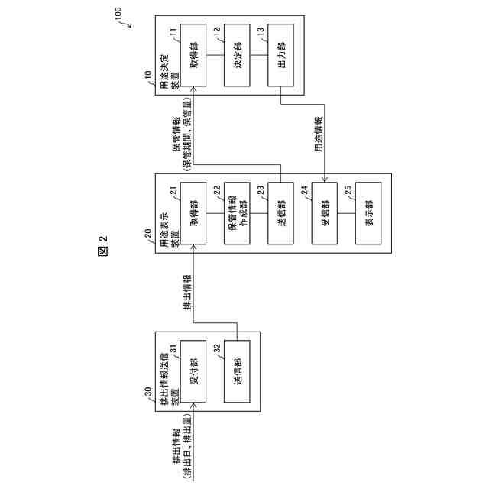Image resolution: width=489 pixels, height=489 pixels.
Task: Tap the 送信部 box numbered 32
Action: click(238, 370)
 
